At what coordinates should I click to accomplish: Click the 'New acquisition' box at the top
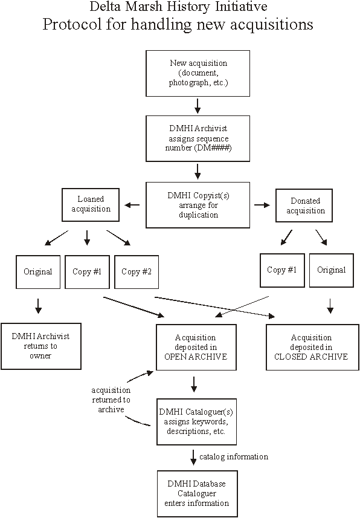(x=198, y=73)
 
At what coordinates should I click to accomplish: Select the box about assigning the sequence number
(x=198, y=138)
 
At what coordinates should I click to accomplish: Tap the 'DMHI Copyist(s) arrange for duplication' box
(x=198, y=205)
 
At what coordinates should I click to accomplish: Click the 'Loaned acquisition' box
(x=91, y=205)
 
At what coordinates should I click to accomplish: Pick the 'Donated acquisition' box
(x=304, y=205)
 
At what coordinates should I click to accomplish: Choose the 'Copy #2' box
(x=137, y=272)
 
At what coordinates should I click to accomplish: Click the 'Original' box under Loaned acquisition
(x=38, y=272)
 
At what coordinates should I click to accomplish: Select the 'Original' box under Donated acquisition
(x=331, y=270)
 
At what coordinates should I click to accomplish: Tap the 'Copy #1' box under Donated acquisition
(x=282, y=270)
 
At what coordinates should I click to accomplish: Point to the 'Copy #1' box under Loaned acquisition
(x=87, y=272)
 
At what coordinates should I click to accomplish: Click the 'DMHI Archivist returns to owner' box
(x=41, y=346)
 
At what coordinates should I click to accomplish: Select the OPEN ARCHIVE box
(x=196, y=347)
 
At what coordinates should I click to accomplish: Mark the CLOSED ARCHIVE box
(x=312, y=347)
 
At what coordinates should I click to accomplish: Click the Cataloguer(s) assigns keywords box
(x=196, y=422)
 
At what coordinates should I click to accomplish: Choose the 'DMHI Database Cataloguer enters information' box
(x=197, y=494)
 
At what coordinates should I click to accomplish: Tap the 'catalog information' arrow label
(x=234, y=456)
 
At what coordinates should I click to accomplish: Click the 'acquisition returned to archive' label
(x=111, y=400)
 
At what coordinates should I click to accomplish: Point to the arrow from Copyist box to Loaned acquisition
(x=132, y=205)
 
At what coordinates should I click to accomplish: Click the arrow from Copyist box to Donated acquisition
(x=262, y=205)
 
